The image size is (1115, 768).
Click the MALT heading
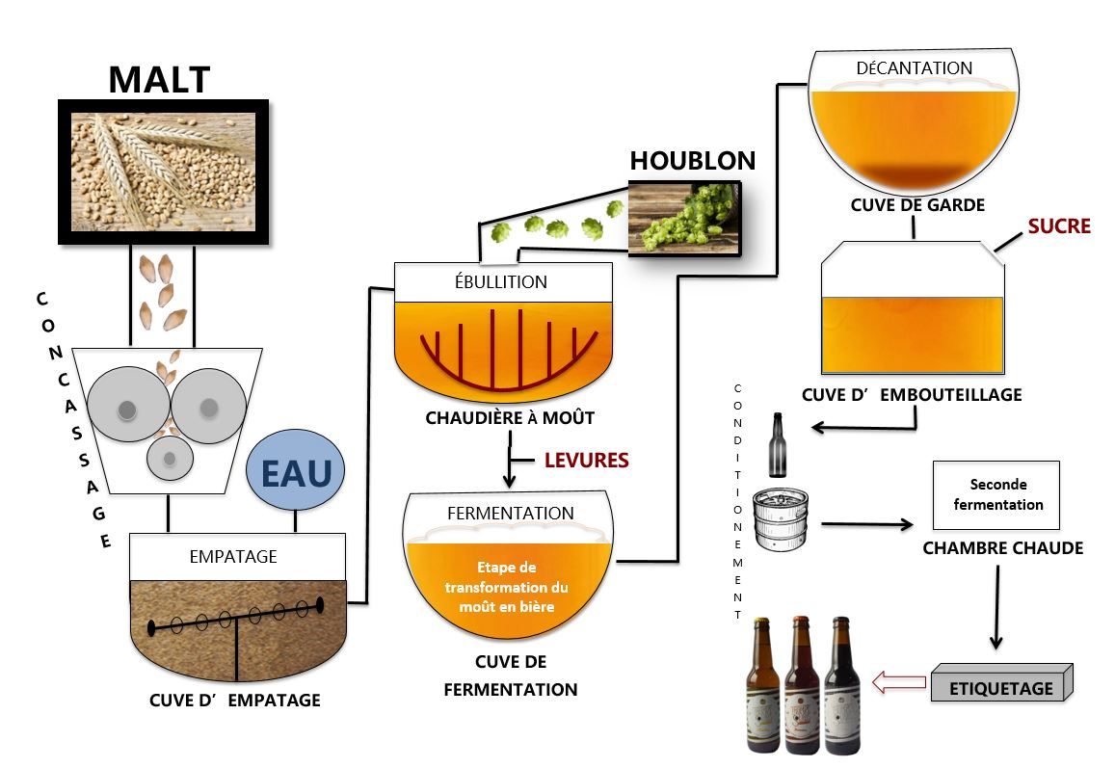pyautogui.click(x=159, y=80)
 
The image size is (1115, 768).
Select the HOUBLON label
pyautogui.click(x=693, y=161)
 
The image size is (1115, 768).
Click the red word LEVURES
pyautogui.click(x=586, y=461)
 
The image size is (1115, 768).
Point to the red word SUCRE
pyautogui.click(x=1058, y=226)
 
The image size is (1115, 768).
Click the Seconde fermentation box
pyautogui.click(x=996, y=494)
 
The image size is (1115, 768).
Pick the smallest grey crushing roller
pyautogui.click(x=169, y=459)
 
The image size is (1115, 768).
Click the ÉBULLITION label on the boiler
pyautogui.click(x=503, y=282)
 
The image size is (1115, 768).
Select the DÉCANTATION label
pyautogui.click(x=914, y=68)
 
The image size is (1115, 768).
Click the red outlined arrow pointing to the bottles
pyautogui.click(x=899, y=683)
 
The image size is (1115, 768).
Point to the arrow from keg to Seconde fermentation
pyautogui.click(x=865, y=525)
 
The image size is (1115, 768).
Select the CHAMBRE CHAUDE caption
pyautogui.click(x=1002, y=548)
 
